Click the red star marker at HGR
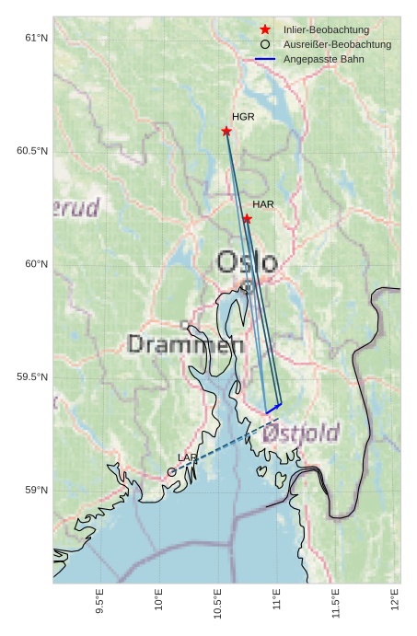click(x=226, y=131)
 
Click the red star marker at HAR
click(x=248, y=218)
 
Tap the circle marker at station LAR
click(x=172, y=472)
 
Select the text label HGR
click(x=243, y=117)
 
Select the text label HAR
click(x=263, y=203)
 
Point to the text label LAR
click(x=187, y=457)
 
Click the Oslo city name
click(x=246, y=262)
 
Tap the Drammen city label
click(x=185, y=345)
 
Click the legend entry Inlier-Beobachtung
click(x=326, y=29)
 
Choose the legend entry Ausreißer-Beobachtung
click(x=337, y=44)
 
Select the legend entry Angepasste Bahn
click(x=323, y=59)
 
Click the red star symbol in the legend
click(x=265, y=29)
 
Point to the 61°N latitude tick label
click(x=35, y=38)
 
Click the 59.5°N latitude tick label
click(x=31, y=377)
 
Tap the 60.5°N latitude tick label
click(x=31, y=151)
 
